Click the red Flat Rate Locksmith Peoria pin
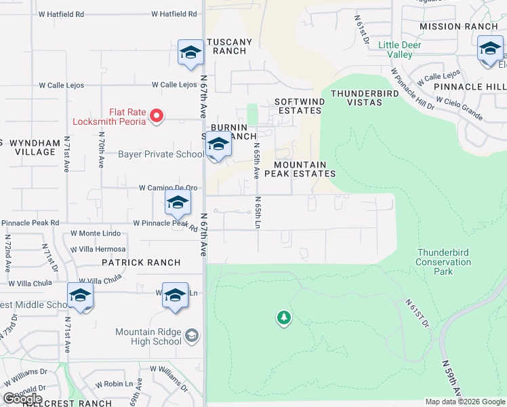pyautogui.click(x=157, y=116)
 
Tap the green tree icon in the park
pyautogui.click(x=283, y=317)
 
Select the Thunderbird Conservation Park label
pyautogui.click(x=443, y=262)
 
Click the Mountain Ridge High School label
pyautogui.click(x=148, y=336)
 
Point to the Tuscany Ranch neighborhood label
pyautogui.click(x=229, y=46)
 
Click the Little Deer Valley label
pyautogui.click(x=400, y=50)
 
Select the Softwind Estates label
pyautogui.click(x=298, y=106)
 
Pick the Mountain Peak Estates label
pyautogui.click(x=304, y=169)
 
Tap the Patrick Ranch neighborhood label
pyautogui.click(x=141, y=263)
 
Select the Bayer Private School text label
pyautogui.click(x=161, y=154)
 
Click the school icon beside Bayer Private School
pyautogui.click(x=218, y=146)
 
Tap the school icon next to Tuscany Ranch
pyautogui.click(x=191, y=53)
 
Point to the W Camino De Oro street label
pyautogui.click(x=168, y=188)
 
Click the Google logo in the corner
pyautogui.click(x=22, y=399)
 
